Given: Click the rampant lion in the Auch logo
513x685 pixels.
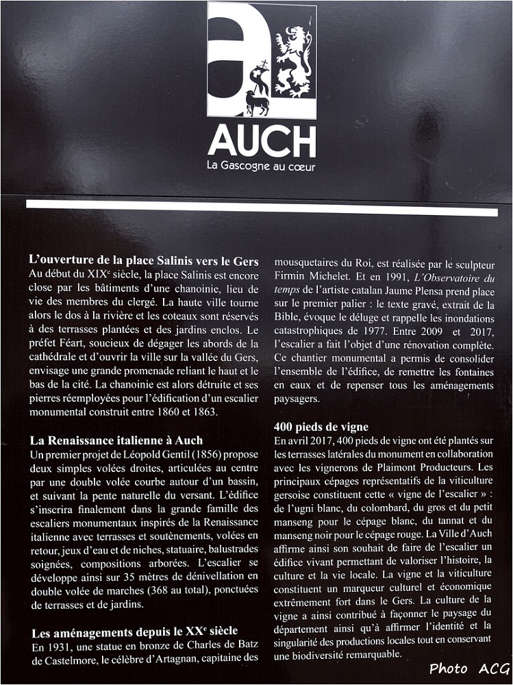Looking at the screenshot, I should click(x=293, y=62).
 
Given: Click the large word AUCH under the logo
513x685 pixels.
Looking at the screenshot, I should click(x=262, y=140).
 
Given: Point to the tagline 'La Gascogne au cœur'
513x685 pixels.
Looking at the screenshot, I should click(x=261, y=166).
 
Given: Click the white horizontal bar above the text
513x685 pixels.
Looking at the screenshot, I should click(x=262, y=208).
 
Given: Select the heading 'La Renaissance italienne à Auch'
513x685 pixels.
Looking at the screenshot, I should click(x=116, y=440).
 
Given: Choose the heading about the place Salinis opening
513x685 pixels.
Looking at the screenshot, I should click(x=144, y=260).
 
